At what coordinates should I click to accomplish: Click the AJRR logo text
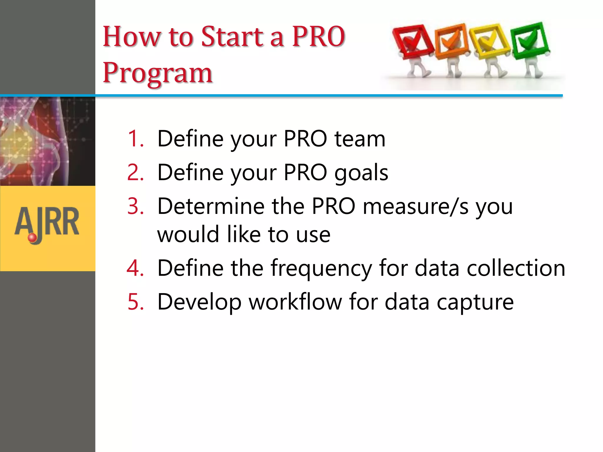(x=47, y=222)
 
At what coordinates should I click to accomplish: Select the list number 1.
(x=136, y=139)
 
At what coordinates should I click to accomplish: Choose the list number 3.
(x=136, y=206)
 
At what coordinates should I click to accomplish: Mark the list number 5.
(x=136, y=302)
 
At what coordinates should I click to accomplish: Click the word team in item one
(x=360, y=139)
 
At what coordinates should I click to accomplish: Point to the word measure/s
(x=415, y=206)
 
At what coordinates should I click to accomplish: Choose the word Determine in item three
(x=211, y=206)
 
